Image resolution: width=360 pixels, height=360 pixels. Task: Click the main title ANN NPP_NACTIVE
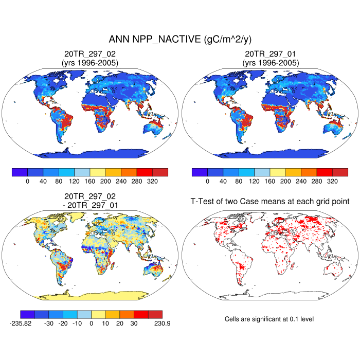coord(180,40)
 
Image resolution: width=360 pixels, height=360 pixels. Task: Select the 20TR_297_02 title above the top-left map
coord(90,54)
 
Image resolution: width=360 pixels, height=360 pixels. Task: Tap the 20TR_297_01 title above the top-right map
coord(271,54)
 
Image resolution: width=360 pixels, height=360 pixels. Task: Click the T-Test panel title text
coord(271,202)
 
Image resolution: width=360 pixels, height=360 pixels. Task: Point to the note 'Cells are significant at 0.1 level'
coord(269,319)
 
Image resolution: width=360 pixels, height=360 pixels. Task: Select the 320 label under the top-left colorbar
coord(152,181)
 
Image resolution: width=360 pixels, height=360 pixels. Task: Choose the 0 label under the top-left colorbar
coord(27,181)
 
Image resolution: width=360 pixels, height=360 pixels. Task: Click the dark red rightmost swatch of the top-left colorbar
coord(160,172)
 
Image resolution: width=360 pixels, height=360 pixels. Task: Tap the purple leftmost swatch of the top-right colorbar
coord(200,172)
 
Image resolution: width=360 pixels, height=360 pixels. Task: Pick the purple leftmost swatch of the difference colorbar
coord(27,314)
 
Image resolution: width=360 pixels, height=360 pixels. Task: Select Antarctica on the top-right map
coord(271,153)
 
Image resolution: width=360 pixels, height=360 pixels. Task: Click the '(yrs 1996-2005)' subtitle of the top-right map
coord(271,63)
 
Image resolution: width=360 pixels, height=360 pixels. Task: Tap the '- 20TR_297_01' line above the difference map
coord(90,205)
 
